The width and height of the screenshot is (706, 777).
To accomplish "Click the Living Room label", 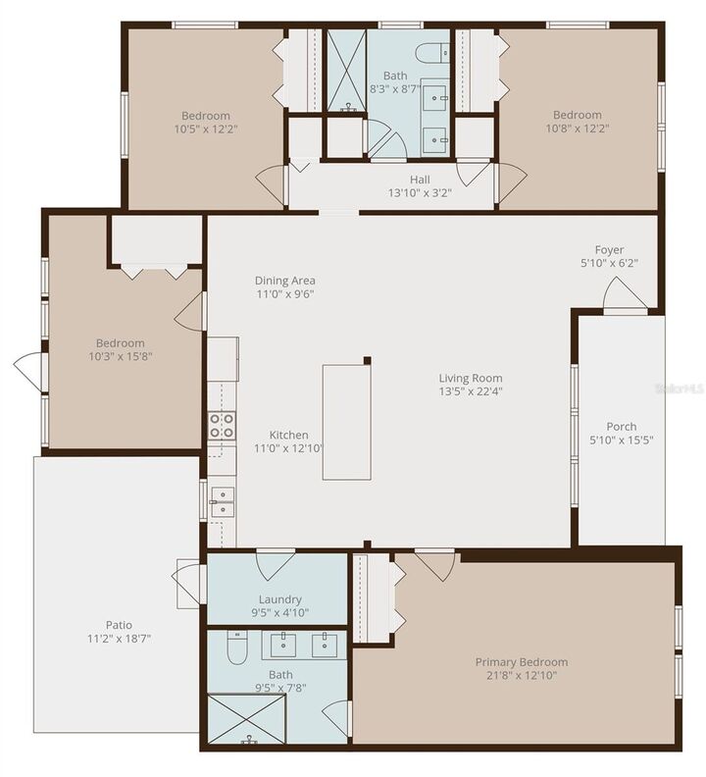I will [471, 378].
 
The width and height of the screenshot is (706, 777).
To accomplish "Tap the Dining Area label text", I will [284, 280].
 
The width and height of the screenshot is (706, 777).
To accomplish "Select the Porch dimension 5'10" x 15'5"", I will [622, 441].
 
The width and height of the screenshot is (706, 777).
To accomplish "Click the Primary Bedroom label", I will [522, 661].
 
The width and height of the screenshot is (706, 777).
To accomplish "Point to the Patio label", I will [120, 624].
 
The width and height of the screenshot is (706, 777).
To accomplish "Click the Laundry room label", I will [279, 598].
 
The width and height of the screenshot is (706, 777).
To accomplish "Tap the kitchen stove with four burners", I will [222, 425].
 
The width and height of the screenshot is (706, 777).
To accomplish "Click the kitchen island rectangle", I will [347, 422].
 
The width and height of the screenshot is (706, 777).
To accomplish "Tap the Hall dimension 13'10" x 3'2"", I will [420, 194].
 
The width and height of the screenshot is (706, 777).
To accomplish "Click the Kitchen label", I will [289, 435].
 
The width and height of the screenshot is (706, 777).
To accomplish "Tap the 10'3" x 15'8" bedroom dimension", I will [120, 357].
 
